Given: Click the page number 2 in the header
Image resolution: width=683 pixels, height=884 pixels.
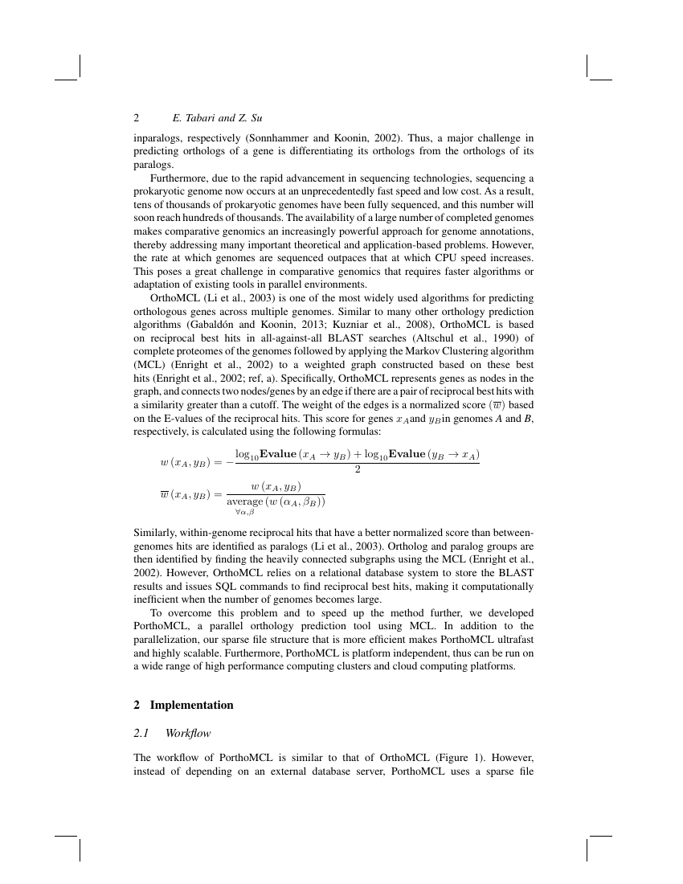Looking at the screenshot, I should tap(137, 117).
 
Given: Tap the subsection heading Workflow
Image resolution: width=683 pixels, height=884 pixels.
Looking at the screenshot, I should tap(187, 732).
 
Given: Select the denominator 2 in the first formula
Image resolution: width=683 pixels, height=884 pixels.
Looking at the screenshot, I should tap(357, 470).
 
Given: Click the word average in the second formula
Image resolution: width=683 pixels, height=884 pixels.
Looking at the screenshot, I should tap(246, 501).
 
